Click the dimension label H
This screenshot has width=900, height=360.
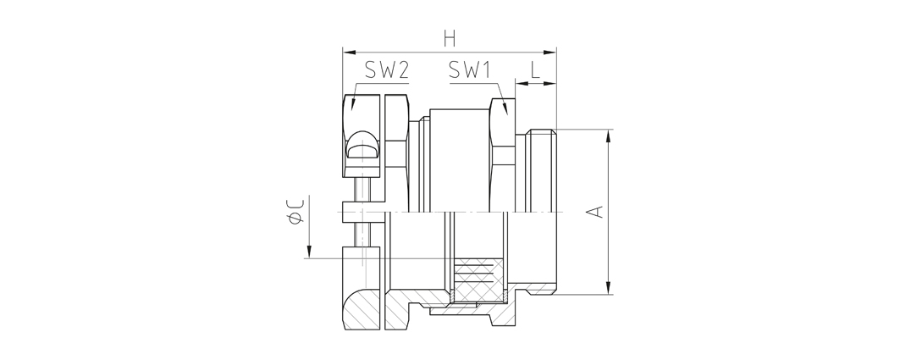450,39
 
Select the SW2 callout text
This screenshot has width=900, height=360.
387,70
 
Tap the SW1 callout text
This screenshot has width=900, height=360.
471,70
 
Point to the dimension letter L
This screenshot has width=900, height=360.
535,70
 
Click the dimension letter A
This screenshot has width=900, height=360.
597,211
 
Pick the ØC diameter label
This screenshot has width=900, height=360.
296,210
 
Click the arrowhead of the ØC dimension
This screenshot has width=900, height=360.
309,252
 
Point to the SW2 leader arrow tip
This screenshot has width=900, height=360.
352,109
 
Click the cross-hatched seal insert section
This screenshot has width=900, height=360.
478,280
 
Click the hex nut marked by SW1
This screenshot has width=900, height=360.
502,155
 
